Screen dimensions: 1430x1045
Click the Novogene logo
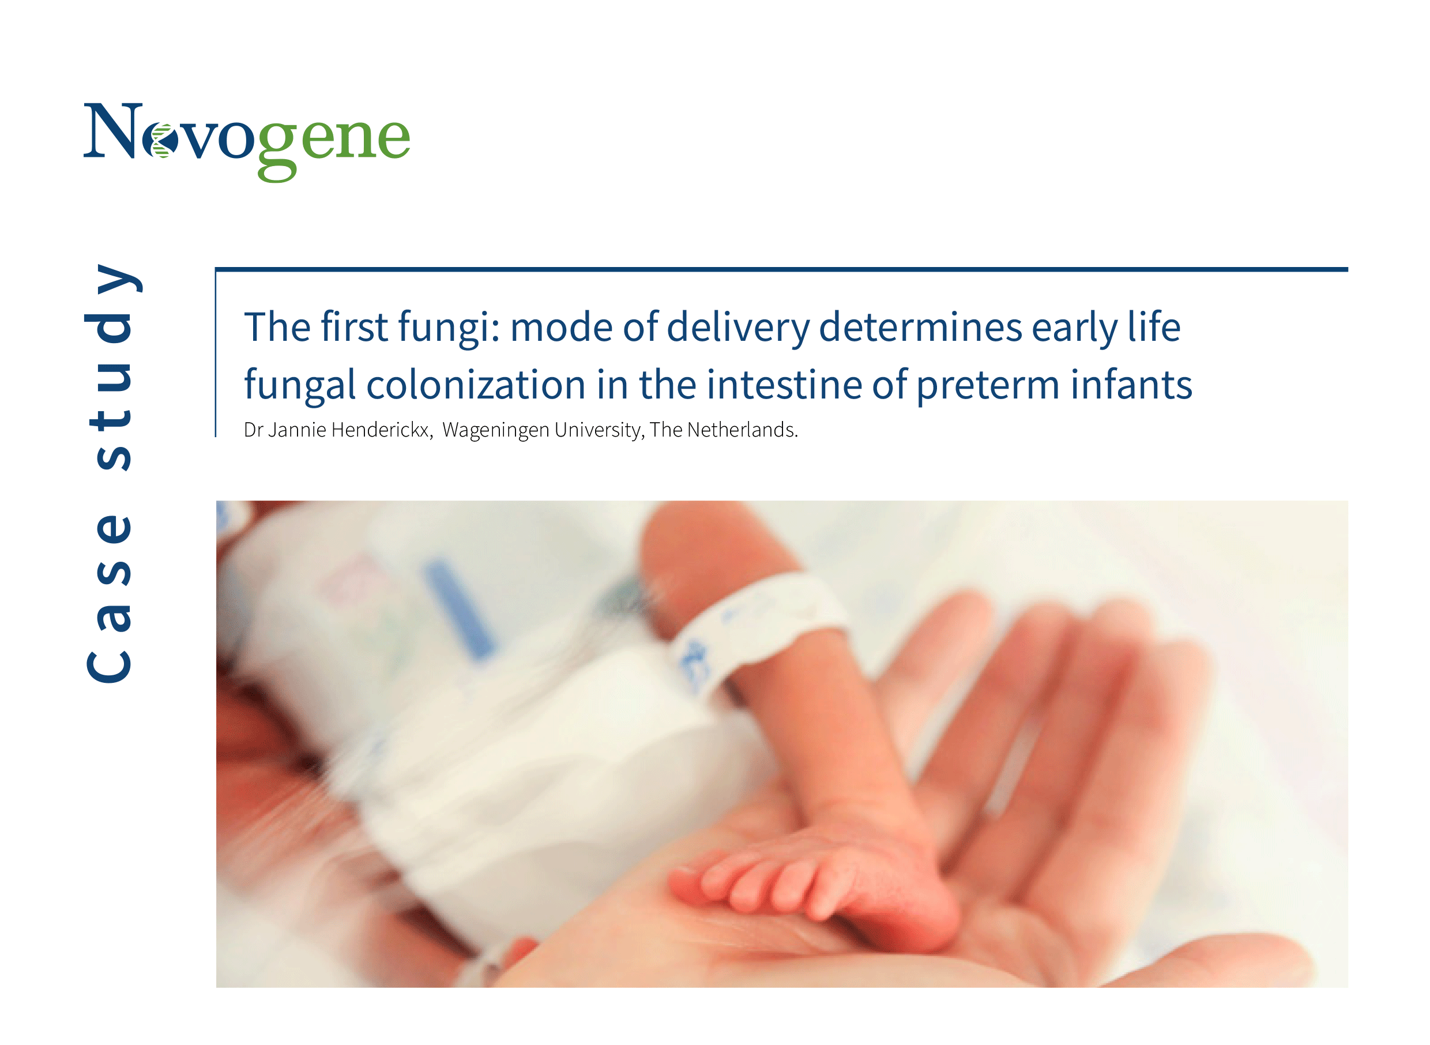[x=247, y=142]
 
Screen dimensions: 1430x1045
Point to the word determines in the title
[x=920, y=328]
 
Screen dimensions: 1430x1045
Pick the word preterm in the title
[x=988, y=386]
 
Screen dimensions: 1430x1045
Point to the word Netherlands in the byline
[x=743, y=430]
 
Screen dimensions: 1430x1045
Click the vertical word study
[x=108, y=367]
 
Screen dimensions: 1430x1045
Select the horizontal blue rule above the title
[x=782, y=269]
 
